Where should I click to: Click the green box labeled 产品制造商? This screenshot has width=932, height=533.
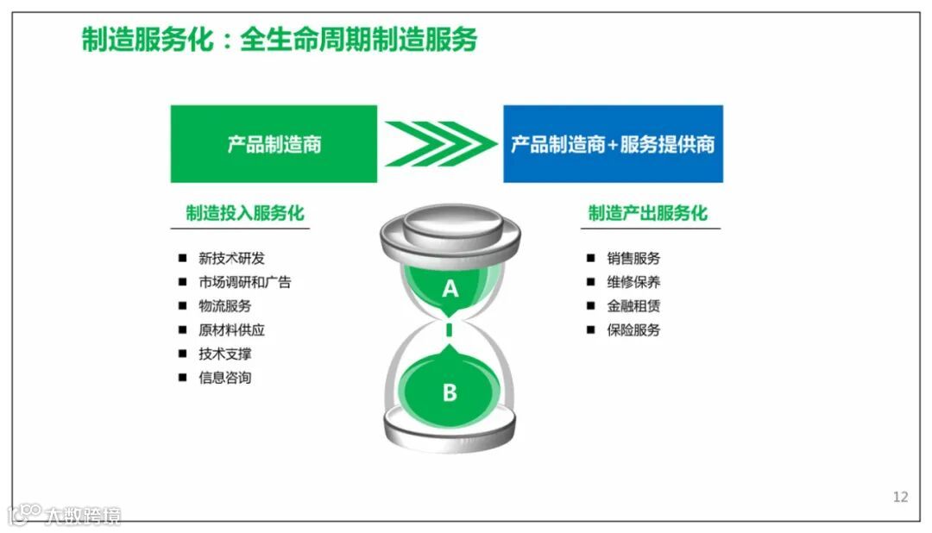pos(274,143)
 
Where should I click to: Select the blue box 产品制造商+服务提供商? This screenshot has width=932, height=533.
pos(613,143)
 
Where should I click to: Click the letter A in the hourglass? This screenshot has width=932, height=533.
pos(450,289)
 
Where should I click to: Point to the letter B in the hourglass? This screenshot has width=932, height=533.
pos(450,392)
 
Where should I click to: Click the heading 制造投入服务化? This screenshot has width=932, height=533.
pos(245,213)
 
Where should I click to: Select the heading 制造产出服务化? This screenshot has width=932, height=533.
pos(647,213)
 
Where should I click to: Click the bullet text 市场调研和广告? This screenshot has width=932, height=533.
pos(244,282)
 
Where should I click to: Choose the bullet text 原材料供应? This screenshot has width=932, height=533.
pos(231,330)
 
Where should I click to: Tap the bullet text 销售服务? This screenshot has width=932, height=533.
pos(633,258)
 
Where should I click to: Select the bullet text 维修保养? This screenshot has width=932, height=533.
pos(633,282)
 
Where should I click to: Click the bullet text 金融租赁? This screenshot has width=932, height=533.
pos(633,306)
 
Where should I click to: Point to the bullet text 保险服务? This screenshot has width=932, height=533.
pos(633,330)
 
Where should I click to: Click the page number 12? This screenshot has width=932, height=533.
pos(900,497)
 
